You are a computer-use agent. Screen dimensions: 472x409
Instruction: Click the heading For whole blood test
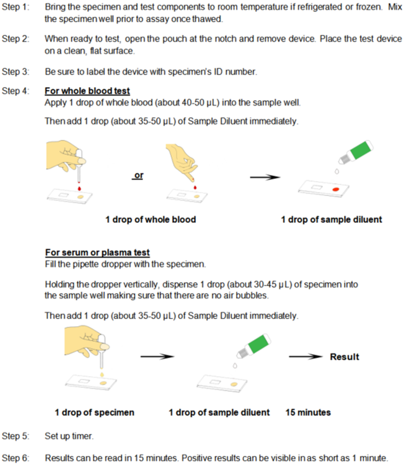[x=87, y=91]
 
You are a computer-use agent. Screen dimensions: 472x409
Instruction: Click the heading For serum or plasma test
[x=97, y=252]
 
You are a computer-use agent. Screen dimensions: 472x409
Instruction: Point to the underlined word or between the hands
[x=138, y=176]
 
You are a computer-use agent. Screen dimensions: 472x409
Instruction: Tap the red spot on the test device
[x=336, y=188]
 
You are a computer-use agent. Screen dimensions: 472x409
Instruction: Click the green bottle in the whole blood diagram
[x=357, y=151]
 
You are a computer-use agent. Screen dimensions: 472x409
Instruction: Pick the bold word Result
[x=344, y=357]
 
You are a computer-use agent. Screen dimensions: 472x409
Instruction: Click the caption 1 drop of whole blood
[x=151, y=220]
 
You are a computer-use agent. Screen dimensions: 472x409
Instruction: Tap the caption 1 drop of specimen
[x=94, y=412]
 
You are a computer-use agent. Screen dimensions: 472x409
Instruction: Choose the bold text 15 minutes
[x=308, y=412]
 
